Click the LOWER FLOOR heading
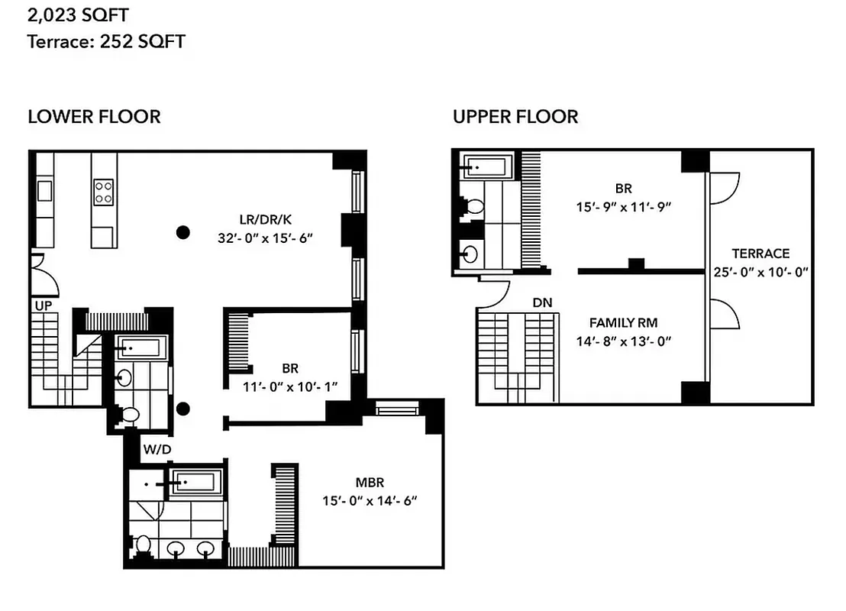(94, 117)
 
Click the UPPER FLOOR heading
(515, 117)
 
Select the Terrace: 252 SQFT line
(106, 41)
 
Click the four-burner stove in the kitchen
(103, 191)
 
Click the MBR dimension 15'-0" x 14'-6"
(370, 501)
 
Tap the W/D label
(158, 450)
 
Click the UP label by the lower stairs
(42, 305)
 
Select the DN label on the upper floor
(542, 303)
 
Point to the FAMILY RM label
(623, 323)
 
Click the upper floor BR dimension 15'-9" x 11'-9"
(623, 206)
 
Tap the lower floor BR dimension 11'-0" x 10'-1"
(290, 386)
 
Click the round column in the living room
(182, 232)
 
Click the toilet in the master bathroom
(143, 545)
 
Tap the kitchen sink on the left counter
(44, 189)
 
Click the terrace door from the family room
(725, 313)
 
